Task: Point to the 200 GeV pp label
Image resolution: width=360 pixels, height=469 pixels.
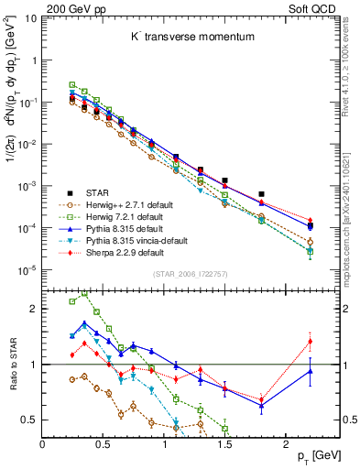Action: coord(76,9)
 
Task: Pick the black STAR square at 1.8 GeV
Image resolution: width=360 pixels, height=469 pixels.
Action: coord(262,194)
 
